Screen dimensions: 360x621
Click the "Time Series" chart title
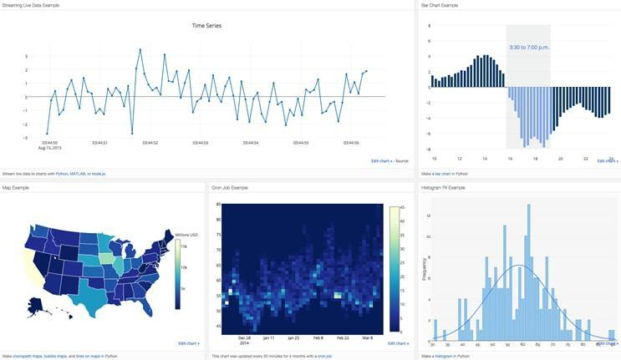207,26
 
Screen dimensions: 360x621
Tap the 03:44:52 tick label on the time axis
150,143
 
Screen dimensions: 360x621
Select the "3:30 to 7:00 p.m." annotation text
528,46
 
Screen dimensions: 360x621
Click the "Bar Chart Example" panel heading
440,5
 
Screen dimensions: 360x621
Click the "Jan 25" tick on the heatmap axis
293,338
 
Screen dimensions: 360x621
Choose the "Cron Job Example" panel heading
231,187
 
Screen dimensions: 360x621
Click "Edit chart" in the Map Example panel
187,342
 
